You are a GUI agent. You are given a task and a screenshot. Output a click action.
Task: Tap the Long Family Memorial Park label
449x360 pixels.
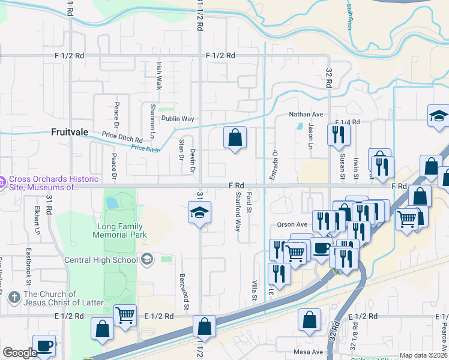(118, 230)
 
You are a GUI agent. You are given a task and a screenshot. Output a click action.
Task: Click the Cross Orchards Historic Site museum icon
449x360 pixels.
(2, 180)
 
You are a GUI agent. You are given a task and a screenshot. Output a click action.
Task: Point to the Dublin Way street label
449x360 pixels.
(177, 119)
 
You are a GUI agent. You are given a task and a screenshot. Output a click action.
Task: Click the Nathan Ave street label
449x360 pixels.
(306, 114)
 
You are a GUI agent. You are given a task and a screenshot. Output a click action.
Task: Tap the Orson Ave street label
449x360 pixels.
(292, 224)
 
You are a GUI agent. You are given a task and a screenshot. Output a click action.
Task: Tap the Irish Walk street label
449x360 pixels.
(159, 74)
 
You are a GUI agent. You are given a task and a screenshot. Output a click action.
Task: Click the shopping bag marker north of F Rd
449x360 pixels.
(235, 138)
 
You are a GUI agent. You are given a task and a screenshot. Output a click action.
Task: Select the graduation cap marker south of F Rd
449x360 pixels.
(199, 213)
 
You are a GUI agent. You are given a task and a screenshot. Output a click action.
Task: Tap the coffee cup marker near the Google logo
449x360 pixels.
(44, 345)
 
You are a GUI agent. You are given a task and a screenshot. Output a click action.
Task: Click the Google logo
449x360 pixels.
(20, 353)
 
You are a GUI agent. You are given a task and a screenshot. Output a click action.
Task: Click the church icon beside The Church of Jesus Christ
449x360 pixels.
(14, 298)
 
